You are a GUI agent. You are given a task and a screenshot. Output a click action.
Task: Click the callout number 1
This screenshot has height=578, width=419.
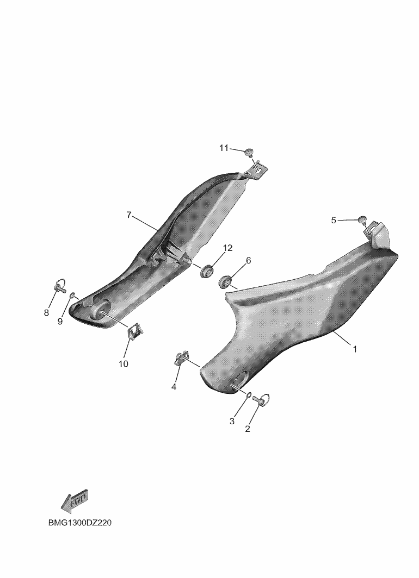click(355, 349)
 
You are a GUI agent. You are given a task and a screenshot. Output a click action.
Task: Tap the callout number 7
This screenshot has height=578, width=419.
click(129, 215)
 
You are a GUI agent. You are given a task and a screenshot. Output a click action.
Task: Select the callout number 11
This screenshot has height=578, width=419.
click(224, 148)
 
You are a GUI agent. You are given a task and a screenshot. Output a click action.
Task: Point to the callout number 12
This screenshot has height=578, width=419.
click(228, 248)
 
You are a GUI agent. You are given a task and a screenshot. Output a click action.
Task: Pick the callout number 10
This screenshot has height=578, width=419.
click(124, 364)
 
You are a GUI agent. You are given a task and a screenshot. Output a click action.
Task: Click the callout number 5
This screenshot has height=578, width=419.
click(334, 221)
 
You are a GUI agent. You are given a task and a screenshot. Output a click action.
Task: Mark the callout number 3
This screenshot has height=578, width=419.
click(232, 421)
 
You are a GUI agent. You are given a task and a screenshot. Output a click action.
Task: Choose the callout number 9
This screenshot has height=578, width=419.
click(60, 322)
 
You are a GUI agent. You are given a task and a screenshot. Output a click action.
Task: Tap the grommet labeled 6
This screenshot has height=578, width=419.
click(225, 281)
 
